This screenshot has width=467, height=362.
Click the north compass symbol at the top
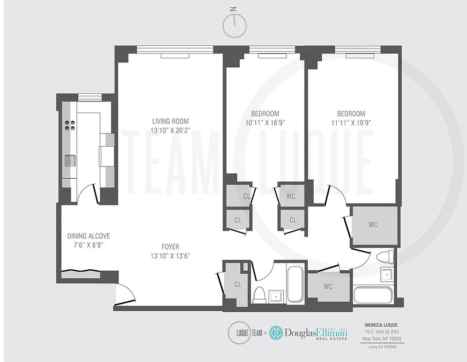[x=233, y=26]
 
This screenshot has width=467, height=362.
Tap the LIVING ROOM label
[x=170, y=121]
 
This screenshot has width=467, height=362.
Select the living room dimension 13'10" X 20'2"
[x=170, y=131]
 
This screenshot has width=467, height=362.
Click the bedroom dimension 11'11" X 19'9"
[x=351, y=122]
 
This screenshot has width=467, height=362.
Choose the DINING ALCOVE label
[x=89, y=236]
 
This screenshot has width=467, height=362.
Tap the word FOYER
[x=170, y=247]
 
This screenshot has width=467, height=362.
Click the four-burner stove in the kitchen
[x=70, y=125]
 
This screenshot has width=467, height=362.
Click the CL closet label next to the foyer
[x=238, y=284]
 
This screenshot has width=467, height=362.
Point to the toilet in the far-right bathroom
[x=387, y=257]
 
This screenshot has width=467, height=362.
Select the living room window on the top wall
[x=175, y=49]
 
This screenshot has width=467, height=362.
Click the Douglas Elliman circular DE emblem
[x=276, y=333]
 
